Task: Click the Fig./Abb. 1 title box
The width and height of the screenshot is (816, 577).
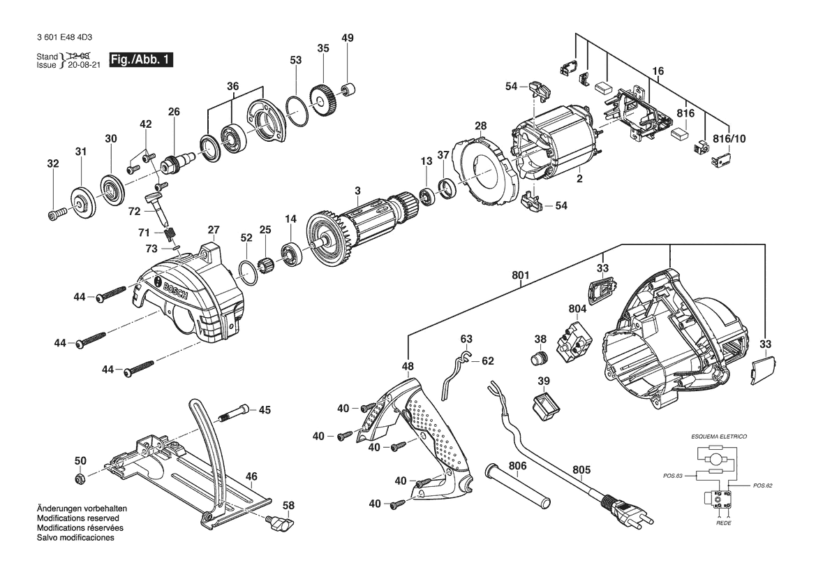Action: click(137, 60)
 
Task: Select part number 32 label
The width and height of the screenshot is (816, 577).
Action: click(53, 164)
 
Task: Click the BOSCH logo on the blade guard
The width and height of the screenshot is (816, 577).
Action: click(175, 286)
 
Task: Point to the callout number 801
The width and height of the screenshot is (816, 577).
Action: click(521, 276)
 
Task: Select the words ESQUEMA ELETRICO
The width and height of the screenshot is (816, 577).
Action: click(718, 436)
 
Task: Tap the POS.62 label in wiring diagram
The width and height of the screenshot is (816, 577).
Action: click(762, 485)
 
